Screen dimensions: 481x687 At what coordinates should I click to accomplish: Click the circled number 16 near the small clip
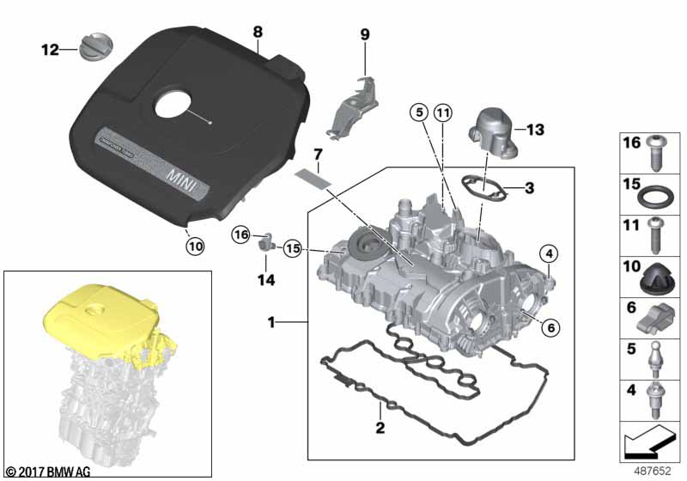coord(242,234)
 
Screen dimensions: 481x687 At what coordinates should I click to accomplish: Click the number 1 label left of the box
coord(271,323)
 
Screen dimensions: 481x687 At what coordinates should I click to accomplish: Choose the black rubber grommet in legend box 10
coord(657,279)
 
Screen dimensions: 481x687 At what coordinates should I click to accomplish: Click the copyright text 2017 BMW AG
coord(50,472)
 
